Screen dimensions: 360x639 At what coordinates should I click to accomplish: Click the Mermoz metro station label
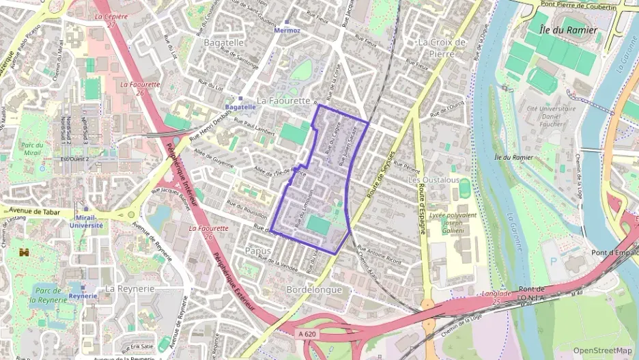[x=287, y=31]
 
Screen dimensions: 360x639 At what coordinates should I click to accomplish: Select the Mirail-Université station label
[x=85, y=221]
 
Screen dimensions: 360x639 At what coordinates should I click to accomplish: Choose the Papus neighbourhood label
[x=257, y=251]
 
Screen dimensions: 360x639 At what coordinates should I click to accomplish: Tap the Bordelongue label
[x=314, y=290]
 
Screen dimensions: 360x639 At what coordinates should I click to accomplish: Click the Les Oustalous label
[x=434, y=180]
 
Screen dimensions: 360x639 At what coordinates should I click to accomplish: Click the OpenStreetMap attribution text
[x=603, y=350]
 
